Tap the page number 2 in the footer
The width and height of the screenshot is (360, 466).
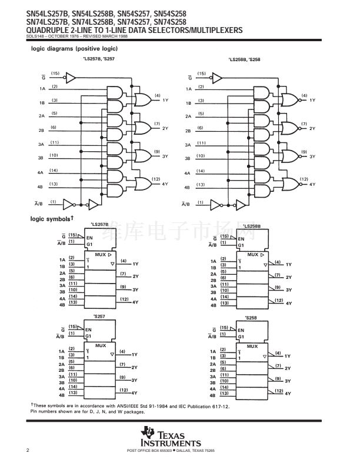click(28, 450)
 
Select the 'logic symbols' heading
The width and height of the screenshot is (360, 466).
click(52, 219)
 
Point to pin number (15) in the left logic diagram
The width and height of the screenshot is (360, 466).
click(55, 74)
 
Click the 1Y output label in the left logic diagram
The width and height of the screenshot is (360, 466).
click(165, 100)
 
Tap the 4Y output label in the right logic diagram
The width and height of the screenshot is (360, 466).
click(312, 184)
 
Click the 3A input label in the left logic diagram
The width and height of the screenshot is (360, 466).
click(41, 144)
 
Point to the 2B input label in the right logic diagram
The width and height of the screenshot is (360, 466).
click(188, 131)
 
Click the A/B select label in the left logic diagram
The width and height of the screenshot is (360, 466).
click(39, 204)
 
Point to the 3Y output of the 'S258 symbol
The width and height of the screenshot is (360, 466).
click(288, 381)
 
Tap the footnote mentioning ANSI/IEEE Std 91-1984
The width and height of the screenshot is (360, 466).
click(129, 405)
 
